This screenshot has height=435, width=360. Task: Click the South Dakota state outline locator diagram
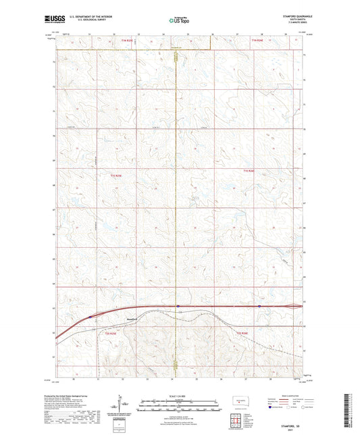[x=238, y=402]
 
